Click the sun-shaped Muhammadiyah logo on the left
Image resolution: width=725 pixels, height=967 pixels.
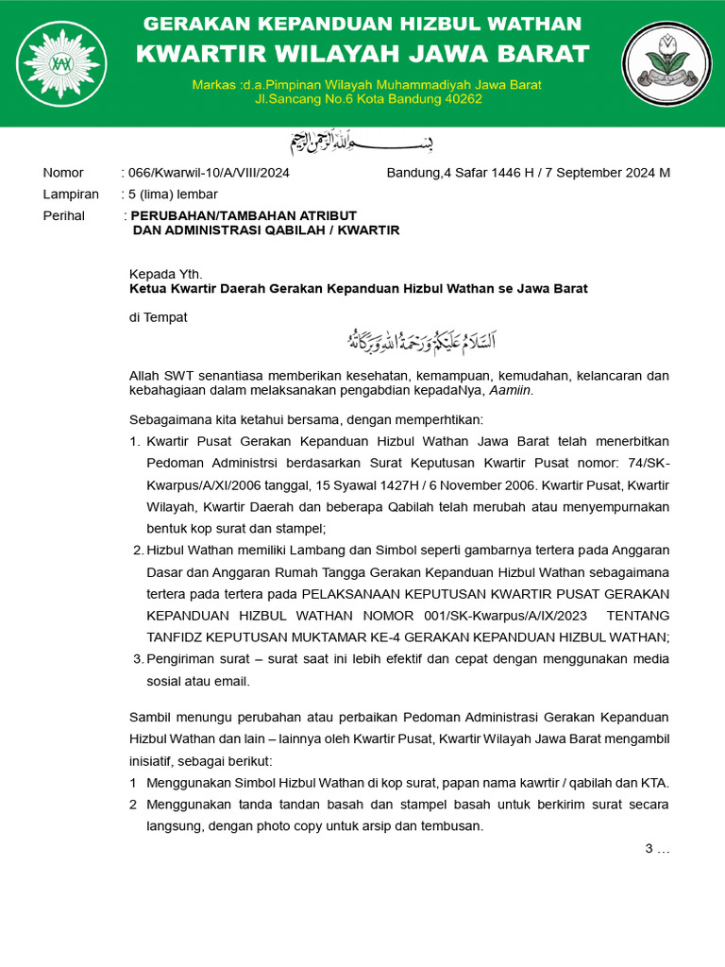[61, 63]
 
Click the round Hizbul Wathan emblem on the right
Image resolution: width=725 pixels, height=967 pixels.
[666, 63]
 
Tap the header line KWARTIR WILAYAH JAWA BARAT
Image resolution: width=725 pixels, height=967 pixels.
[362, 54]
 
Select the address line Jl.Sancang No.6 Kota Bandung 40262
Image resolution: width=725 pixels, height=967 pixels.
[368, 98]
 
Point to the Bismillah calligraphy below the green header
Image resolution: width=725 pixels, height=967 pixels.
[362, 144]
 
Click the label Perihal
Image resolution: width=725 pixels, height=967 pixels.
[64, 215]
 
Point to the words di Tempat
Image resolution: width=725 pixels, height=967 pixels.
[159, 317]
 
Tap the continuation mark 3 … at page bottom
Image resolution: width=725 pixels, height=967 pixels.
[657, 848]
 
